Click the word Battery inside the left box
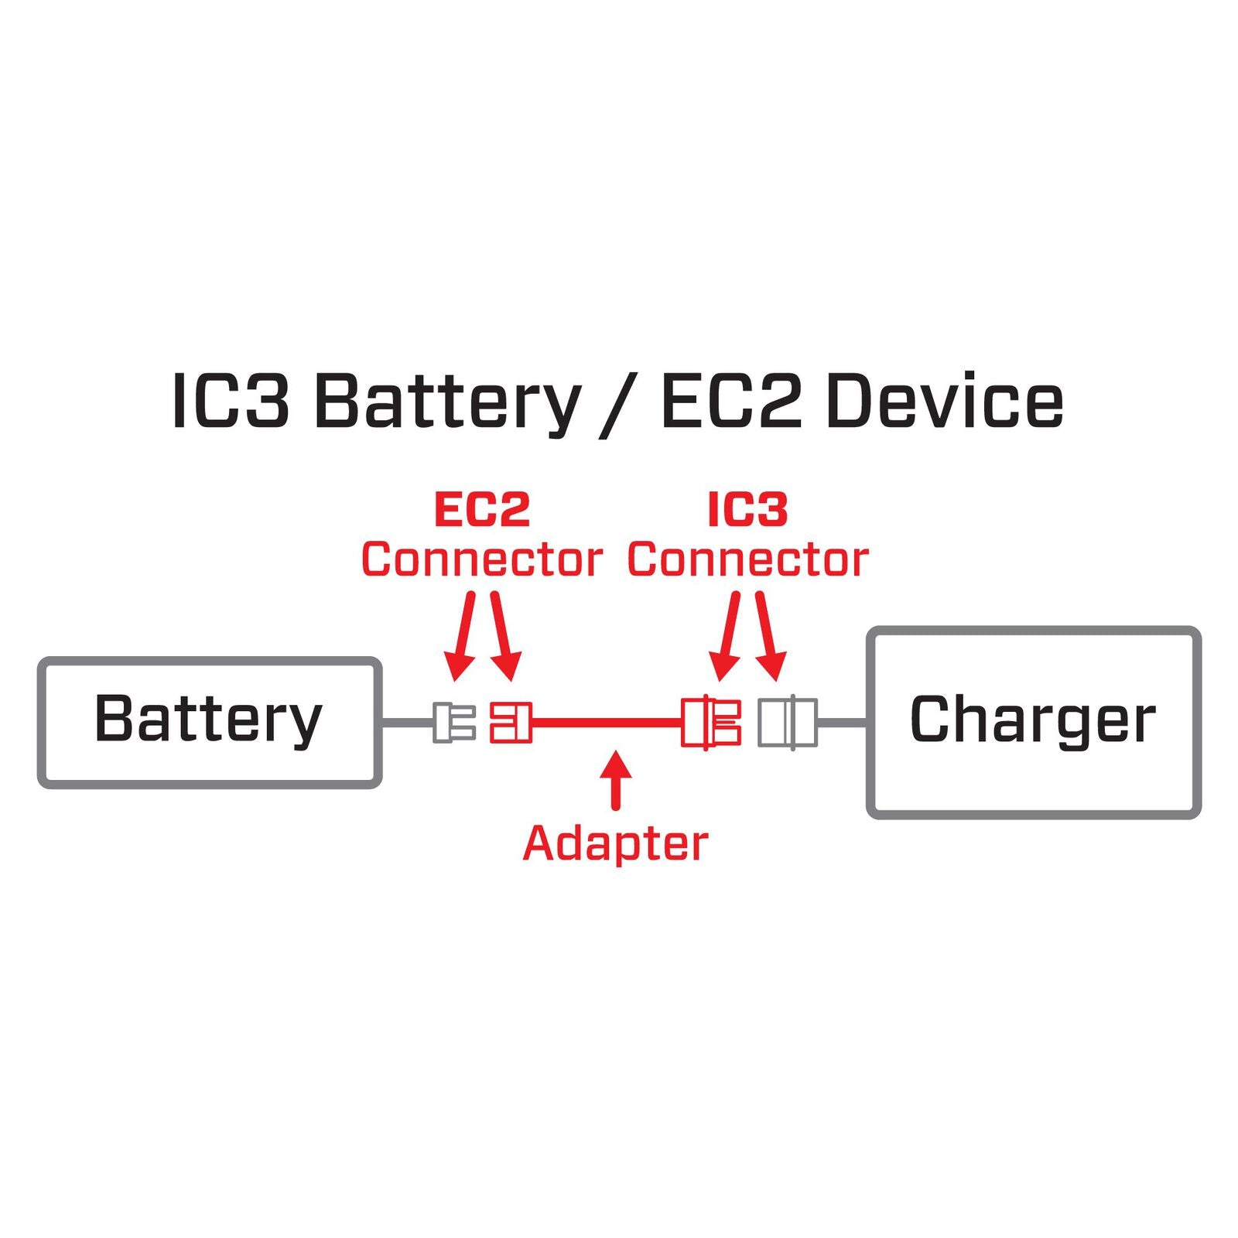point(207,720)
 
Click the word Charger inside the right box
point(1032,720)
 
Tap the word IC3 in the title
point(230,401)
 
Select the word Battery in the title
point(447,401)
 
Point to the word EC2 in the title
point(730,401)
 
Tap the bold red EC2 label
point(481,510)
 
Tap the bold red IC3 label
point(747,510)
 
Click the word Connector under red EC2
point(481,559)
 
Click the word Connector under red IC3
point(747,559)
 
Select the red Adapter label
point(615,843)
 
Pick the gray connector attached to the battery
point(453,722)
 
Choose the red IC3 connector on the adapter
point(710,722)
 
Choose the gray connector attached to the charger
point(787,722)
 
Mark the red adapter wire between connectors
point(607,723)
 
